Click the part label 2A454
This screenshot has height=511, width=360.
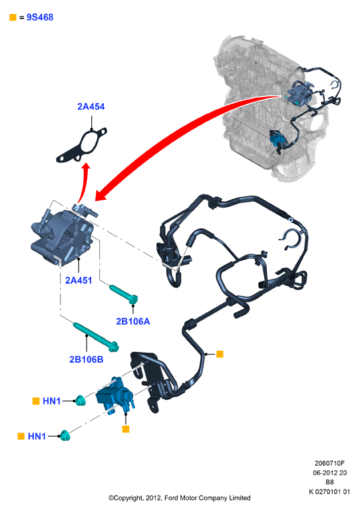[x=91, y=106]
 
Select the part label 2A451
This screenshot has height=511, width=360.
[x=79, y=280]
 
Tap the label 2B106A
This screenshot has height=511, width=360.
[x=133, y=321]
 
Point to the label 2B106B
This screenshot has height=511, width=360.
[x=87, y=359]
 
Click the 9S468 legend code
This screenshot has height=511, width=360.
[x=40, y=17]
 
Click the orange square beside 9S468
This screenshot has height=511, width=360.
[x=13, y=17]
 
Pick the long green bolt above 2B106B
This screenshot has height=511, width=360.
[x=95, y=337]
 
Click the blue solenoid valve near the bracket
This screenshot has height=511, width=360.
[x=114, y=395]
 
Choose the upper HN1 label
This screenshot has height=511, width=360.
[x=51, y=401]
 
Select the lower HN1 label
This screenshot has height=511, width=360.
[x=37, y=436]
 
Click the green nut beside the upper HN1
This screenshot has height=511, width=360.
[x=80, y=401]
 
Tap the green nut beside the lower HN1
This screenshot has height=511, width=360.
[x=65, y=435]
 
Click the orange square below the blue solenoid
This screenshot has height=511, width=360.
[x=126, y=429]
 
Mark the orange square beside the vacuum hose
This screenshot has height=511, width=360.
[x=220, y=354]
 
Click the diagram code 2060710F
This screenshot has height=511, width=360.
[x=329, y=463]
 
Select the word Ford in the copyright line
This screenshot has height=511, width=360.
[x=172, y=498]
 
